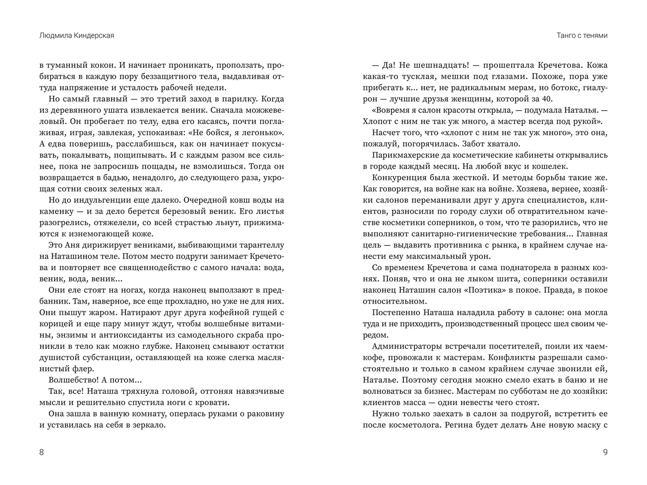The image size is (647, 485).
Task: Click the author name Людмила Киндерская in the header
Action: pyautogui.click(x=77, y=35)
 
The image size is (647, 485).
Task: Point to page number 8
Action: pyautogui.click(x=42, y=452)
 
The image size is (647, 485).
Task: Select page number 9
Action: pyautogui.click(x=605, y=452)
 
